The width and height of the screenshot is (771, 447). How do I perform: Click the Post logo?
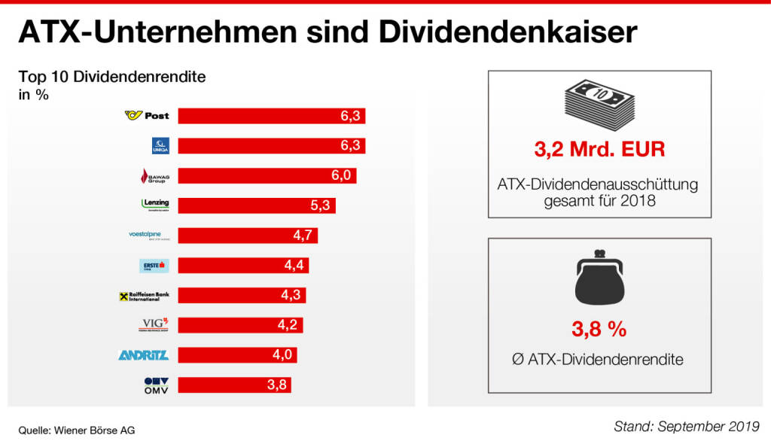coord(147,116)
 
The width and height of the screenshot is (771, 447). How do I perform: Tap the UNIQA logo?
coord(160,146)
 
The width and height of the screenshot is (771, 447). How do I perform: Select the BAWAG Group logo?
coord(155,176)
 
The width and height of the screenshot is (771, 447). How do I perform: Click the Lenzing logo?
coord(155,205)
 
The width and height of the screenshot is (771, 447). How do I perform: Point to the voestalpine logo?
coord(150,236)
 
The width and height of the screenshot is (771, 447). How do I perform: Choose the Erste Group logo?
coord(154,266)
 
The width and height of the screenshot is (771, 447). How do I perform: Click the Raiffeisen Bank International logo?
coord(144,296)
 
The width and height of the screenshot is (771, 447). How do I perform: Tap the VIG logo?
coord(155,325)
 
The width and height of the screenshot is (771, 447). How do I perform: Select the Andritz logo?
coord(144,355)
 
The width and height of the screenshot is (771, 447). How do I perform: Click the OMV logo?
coord(155,385)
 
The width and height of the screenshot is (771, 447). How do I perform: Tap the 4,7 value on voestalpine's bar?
coord(303,236)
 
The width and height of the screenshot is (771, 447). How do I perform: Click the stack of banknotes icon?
coord(599,105)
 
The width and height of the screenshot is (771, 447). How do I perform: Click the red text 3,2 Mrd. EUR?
coord(599,149)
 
